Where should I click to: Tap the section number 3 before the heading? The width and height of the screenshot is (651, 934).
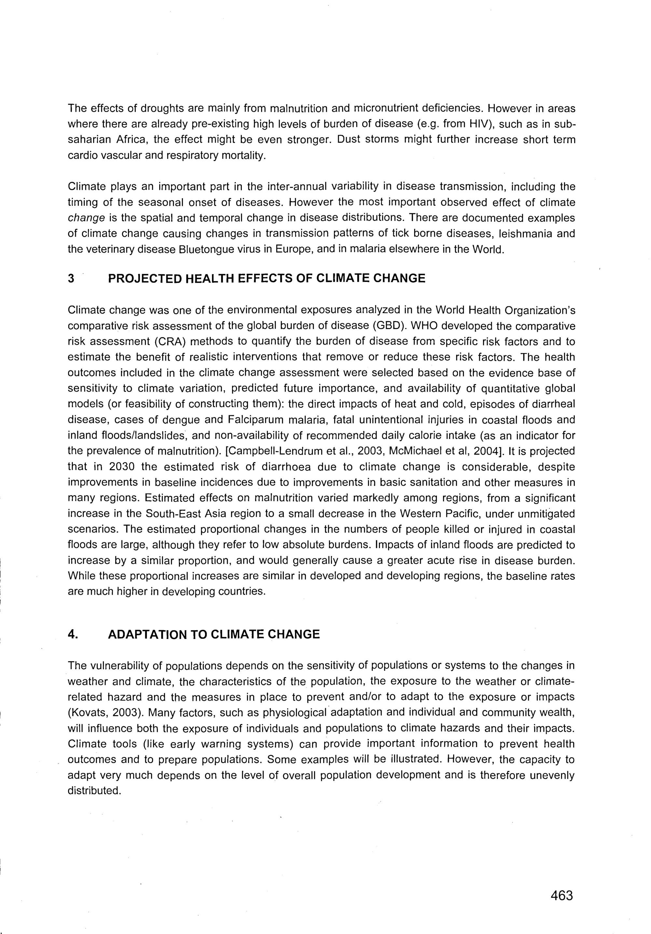click(x=71, y=279)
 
